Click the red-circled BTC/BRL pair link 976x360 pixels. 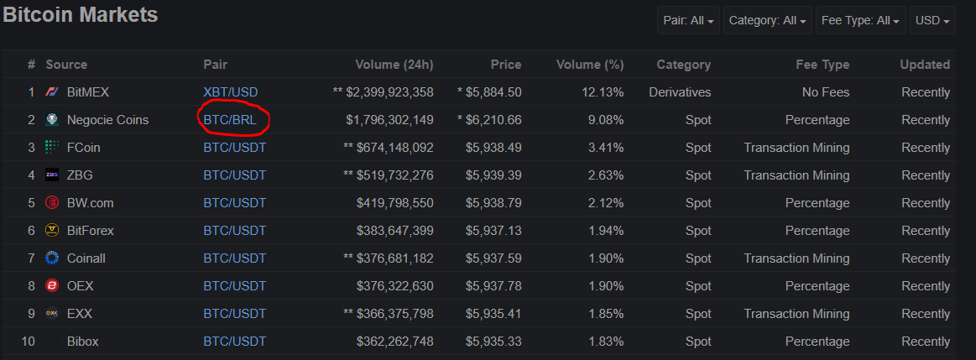coord(230,120)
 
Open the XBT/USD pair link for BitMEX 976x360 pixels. coord(230,92)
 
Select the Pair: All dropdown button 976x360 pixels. coord(688,20)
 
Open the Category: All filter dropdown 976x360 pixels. coord(768,20)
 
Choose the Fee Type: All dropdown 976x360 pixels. coord(860,20)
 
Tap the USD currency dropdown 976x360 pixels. coord(932,20)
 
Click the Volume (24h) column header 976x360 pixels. coord(394,64)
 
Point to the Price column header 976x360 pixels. coord(505,64)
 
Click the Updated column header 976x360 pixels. coord(925,64)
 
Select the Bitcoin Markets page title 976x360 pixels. coord(81,15)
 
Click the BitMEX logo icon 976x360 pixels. coord(52,92)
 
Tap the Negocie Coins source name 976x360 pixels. coord(107,120)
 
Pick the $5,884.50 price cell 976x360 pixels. coord(489,92)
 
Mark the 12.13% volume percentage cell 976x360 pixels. coord(602,92)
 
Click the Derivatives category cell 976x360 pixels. coord(680,92)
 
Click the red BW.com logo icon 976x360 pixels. coord(52,203)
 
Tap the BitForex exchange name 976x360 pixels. coord(91,231)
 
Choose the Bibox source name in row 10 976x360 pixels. coord(83,342)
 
